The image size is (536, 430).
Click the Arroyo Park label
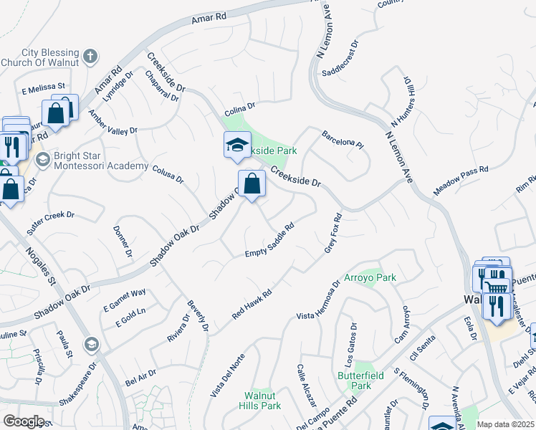pyautogui.click(x=370, y=277)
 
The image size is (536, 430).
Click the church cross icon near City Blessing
pyautogui.click(x=90, y=56)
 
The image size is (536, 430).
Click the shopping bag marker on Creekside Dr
pyautogui.click(x=252, y=185)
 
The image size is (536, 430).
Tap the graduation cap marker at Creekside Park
pyautogui.click(x=237, y=146)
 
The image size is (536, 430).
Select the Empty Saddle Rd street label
pyautogui.click(x=270, y=242)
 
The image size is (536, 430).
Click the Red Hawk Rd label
pyautogui.click(x=252, y=304)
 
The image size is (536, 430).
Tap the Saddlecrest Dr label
pyautogui.click(x=344, y=64)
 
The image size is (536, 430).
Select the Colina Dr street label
pyautogui.click(x=240, y=108)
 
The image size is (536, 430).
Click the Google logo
pyautogui.click(x=24, y=421)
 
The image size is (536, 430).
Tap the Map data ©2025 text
pyautogui.click(x=505, y=424)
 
